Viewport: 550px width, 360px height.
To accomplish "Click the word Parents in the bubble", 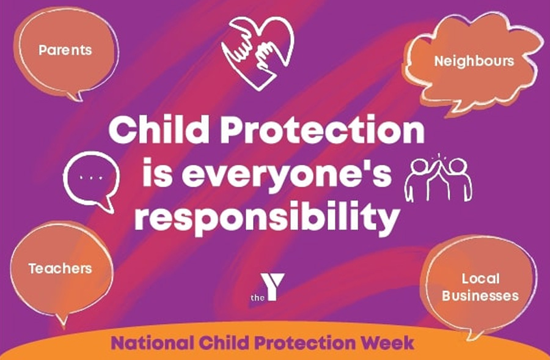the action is [x=65, y=50].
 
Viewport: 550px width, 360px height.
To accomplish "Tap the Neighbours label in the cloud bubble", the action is [x=474, y=61].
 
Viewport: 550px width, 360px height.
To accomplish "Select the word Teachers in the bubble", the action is [x=61, y=269].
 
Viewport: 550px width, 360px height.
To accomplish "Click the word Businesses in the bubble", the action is [x=480, y=296].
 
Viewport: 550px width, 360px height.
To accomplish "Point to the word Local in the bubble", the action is [x=480, y=279].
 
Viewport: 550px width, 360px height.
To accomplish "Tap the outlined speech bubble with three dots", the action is [x=91, y=182].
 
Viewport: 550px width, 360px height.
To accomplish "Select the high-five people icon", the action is [x=438, y=178].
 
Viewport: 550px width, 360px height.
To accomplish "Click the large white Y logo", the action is [x=273, y=287].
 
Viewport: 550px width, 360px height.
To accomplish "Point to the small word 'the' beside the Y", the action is [x=257, y=298].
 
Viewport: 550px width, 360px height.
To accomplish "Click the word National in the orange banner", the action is [x=152, y=343].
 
